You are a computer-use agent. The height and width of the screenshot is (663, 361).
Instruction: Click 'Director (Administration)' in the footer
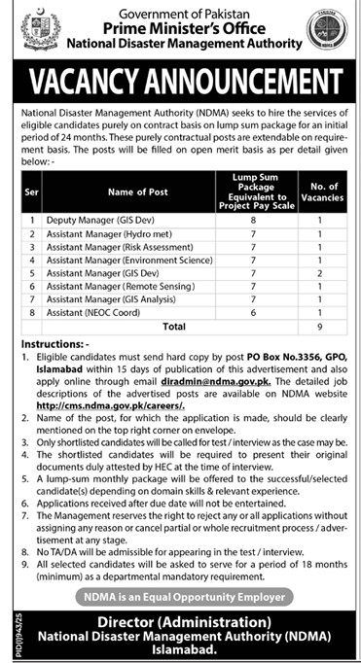181,618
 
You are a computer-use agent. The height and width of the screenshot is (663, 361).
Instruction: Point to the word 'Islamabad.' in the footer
181,648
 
